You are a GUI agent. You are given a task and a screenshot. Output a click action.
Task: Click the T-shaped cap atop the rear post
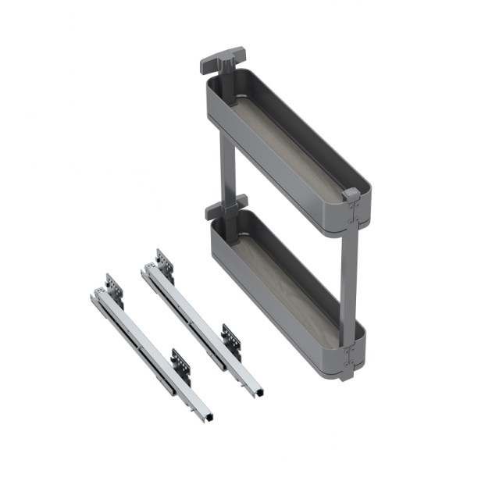pos(223,58)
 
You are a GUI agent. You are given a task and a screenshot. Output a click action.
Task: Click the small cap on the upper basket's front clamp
pos(351,194)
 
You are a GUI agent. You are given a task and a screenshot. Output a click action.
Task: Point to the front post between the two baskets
pos(349,273)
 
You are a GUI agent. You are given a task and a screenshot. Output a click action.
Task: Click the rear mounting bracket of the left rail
pos(114,288)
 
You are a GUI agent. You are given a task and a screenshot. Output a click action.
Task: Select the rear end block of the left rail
pos(98,295)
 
